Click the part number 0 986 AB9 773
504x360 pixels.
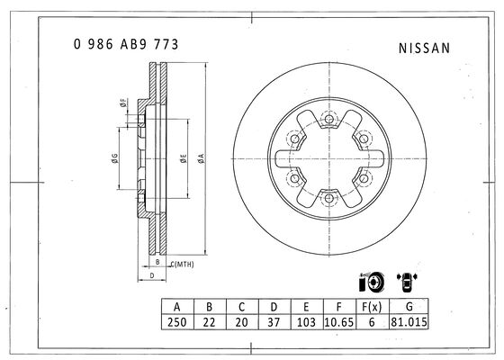126,44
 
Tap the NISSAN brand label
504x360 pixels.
424,49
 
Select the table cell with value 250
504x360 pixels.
177,322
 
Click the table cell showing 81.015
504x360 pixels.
409,322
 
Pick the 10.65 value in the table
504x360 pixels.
339,322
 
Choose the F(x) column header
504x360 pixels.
373,307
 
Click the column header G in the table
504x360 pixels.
409,307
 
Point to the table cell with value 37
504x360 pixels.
274,322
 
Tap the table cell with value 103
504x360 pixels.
307,322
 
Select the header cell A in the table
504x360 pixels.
177,307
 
